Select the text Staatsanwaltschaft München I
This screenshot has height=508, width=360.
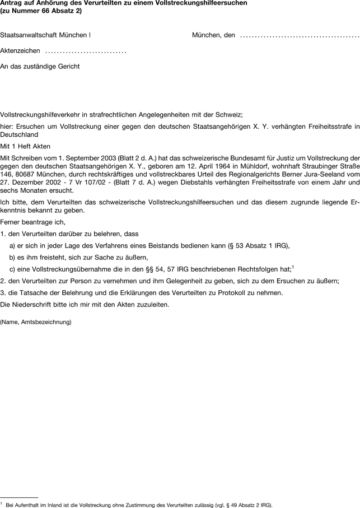[x=45, y=35]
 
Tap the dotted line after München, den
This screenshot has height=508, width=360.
[x=299, y=36]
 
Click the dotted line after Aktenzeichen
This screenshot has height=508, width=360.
[x=86, y=51]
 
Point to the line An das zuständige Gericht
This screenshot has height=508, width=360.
[x=40, y=67]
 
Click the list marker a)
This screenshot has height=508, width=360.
[x=13, y=246]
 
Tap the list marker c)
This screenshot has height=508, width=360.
[x=13, y=269]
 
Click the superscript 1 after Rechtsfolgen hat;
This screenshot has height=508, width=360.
[x=293, y=267]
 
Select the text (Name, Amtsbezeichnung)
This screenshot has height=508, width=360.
[x=36, y=322]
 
